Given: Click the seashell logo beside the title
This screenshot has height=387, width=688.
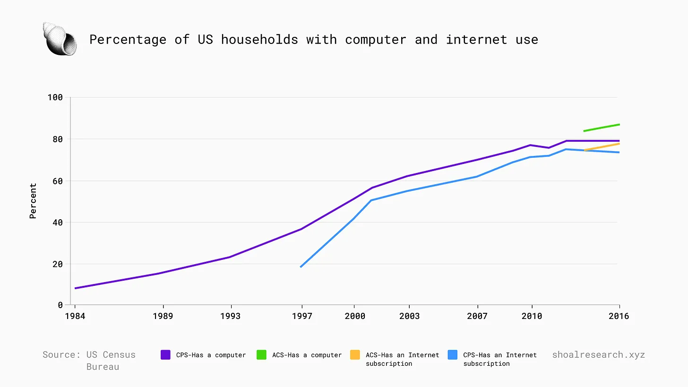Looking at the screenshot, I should (x=60, y=39).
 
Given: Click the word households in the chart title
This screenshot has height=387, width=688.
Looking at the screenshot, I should (x=259, y=40).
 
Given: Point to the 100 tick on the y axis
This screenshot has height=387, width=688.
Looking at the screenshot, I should (x=55, y=97).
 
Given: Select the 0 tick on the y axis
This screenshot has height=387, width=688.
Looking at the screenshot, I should (x=60, y=305).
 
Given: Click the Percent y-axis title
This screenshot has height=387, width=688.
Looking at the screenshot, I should (x=33, y=201).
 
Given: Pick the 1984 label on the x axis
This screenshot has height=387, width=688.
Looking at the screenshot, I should (x=75, y=316).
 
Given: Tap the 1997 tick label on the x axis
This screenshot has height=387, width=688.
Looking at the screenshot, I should (x=301, y=316).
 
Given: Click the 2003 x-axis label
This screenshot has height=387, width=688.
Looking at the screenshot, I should (x=409, y=316).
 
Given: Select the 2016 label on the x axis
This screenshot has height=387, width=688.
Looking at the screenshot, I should (x=619, y=316).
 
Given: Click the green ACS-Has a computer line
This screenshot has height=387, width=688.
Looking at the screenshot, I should (x=602, y=128).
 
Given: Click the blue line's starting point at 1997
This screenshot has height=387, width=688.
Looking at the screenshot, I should (x=301, y=267).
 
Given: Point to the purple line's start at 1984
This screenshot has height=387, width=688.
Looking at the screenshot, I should (x=76, y=288).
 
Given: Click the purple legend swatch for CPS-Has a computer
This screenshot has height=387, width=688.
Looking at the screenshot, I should (x=165, y=355).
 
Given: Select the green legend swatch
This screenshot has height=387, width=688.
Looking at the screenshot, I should (x=261, y=355).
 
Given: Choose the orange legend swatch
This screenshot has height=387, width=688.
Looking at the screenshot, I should (x=355, y=355).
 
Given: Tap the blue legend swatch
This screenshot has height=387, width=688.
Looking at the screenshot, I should (x=453, y=355).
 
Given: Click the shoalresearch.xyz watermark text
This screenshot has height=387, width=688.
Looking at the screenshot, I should (x=598, y=355).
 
